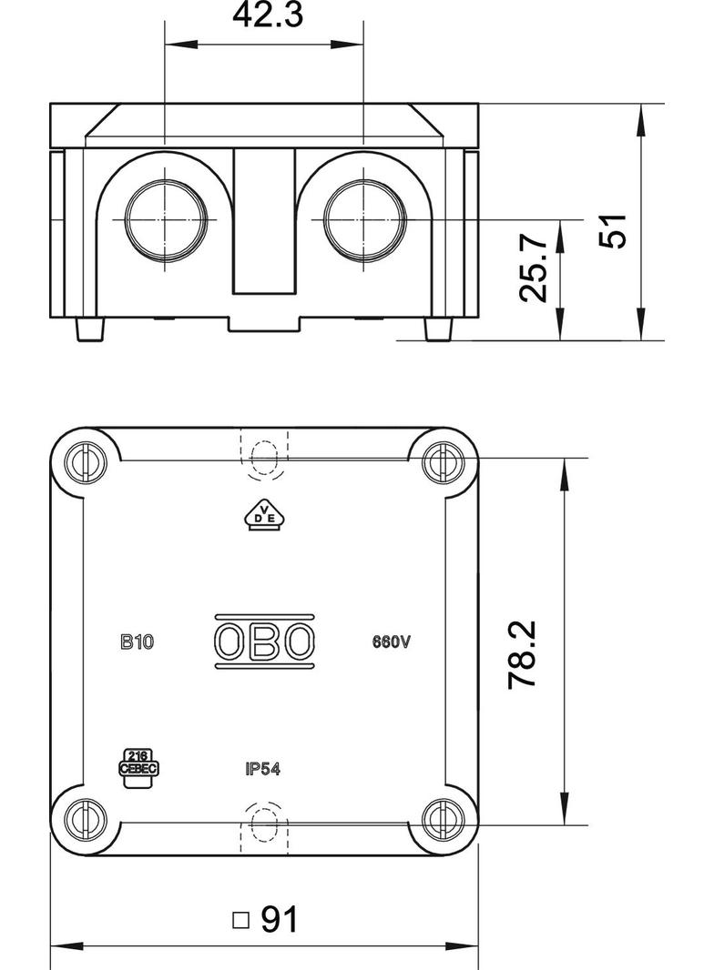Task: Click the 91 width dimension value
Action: coord(280,920)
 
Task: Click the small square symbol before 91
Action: coord(240,920)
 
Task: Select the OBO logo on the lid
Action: coord(265,642)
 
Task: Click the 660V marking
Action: coord(393,642)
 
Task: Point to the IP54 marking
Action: coord(262,769)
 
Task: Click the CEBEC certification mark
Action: coord(139,763)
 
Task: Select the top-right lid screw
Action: coord(443,461)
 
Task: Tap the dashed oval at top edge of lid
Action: coord(264,458)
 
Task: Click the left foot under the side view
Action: coord(88,328)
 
